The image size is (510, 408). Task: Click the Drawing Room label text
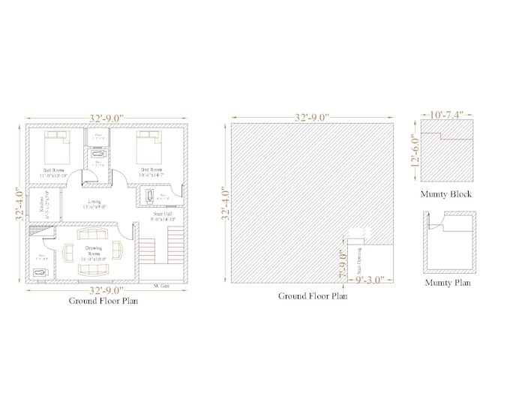pos(95,253)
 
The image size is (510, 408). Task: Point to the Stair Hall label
pos(163,217)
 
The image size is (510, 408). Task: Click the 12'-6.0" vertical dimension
pos(414,152)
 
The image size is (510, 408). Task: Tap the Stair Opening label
pos(358,260)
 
